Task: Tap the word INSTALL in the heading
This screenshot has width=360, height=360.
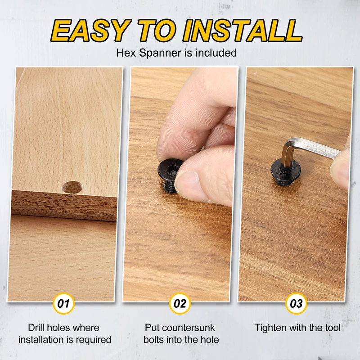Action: [x=242, y=30]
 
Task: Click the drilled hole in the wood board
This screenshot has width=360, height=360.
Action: [x=72, y=187]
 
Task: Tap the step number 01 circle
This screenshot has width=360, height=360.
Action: [x=63, y=303]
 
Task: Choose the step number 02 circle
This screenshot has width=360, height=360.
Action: [x=180, y=303]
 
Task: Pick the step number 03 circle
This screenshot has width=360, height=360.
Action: [x=296, y=303]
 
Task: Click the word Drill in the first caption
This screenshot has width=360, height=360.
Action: [x=36, y=328]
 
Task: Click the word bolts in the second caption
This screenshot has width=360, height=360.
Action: [x=153, y=340]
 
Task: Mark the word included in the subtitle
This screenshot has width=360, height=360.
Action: [x=216, y=53]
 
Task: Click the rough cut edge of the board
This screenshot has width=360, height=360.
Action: [x=64, y=205]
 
